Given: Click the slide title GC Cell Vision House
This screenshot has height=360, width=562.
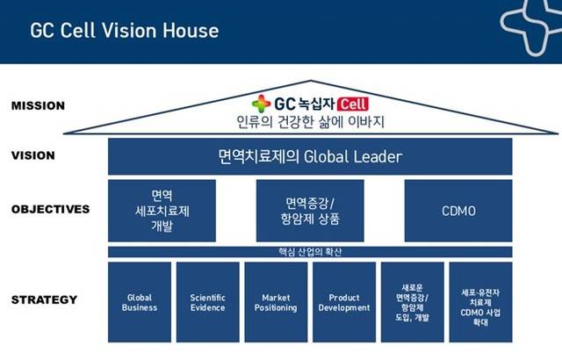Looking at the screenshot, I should coord(124,31).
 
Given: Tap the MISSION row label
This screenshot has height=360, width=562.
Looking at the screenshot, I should coord(39,105).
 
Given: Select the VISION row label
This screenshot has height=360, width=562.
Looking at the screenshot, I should coord(33,155).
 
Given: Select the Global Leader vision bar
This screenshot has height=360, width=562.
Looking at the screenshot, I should coord(309,156).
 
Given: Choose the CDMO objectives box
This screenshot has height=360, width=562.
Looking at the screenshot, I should coord(458,211).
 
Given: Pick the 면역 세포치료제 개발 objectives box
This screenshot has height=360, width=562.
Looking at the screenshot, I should coord(162,211).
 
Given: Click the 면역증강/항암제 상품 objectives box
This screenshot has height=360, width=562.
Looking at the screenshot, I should coord(309,211).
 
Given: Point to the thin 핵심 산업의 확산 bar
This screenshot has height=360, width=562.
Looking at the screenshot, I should coord(309,252).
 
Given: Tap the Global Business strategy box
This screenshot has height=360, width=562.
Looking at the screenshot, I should coord(140,302).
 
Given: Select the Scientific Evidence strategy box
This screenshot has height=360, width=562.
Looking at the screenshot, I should coord(208,302).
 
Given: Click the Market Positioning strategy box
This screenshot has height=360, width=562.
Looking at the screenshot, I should coord(276,302).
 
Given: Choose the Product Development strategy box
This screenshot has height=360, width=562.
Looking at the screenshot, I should coord(343,302).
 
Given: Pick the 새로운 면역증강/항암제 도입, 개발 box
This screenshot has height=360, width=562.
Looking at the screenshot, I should coord(412,302).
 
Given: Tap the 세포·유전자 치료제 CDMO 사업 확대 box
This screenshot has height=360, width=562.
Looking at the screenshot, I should coord(480,302).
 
